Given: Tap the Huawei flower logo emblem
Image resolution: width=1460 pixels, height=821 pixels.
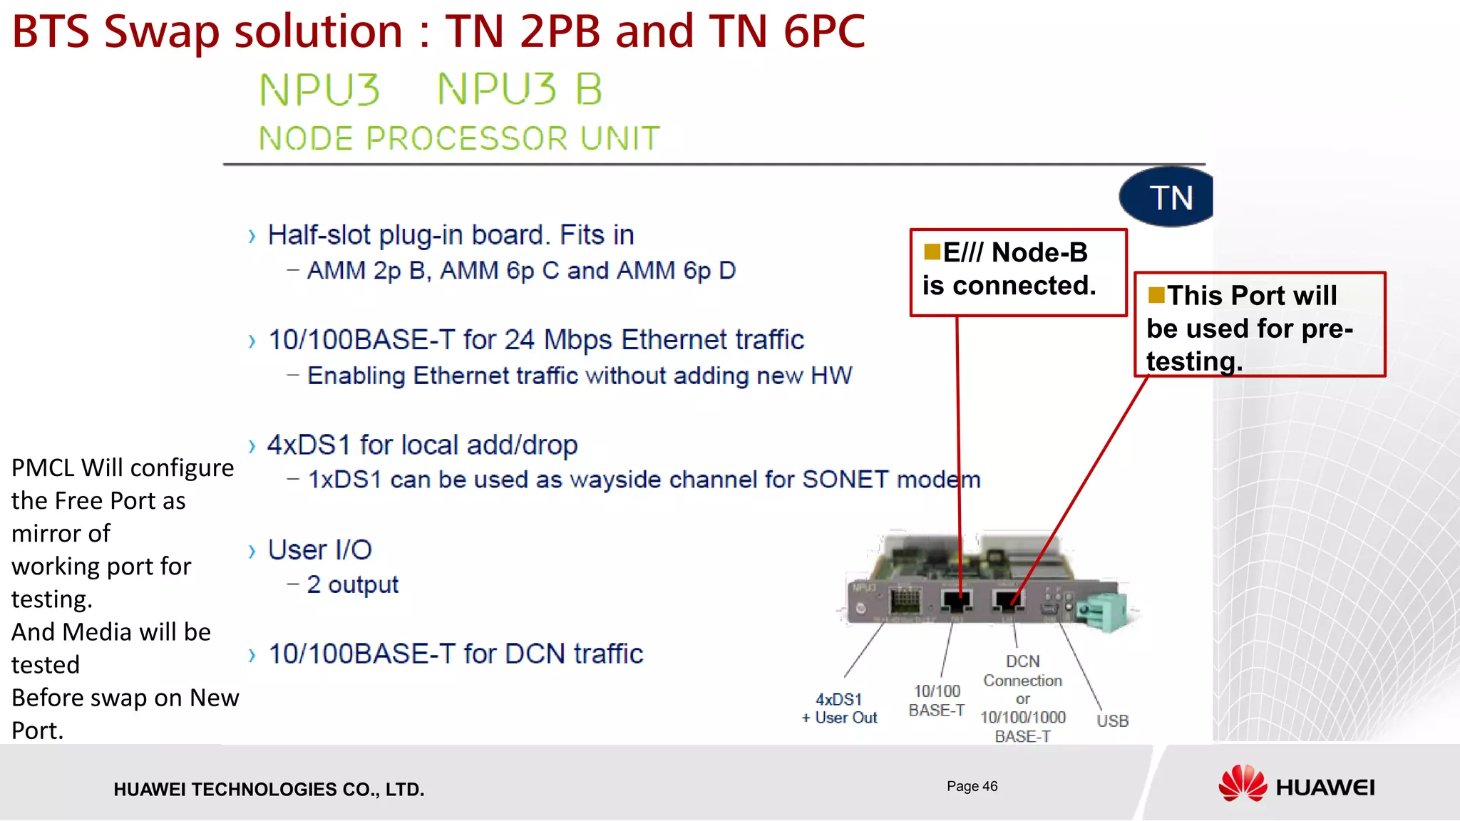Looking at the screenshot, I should click(1242, 784).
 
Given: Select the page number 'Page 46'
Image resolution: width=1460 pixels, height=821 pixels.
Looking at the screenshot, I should click(972, 786).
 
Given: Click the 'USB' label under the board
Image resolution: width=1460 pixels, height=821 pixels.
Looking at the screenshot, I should click(1112, 721).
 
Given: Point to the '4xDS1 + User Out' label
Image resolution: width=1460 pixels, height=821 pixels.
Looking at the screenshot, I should click(839, 708).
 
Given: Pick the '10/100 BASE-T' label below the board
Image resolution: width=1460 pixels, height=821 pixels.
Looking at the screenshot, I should click(937, 701).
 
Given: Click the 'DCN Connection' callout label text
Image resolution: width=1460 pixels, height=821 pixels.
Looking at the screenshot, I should click(1022, 671).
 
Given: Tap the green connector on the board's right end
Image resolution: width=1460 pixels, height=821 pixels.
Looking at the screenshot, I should click(1104, 611).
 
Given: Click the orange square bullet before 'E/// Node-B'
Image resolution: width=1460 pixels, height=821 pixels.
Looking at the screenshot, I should click(932, 252).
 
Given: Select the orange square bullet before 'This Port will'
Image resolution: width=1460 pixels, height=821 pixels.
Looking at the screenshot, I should click(1156, 294).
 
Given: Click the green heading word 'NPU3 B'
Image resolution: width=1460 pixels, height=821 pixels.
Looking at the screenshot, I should click(520, 90).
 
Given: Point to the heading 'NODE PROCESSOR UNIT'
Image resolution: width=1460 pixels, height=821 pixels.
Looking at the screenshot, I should click(459, 138).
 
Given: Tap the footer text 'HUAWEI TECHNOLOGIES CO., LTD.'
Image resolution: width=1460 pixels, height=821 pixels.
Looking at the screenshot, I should click(269, 789).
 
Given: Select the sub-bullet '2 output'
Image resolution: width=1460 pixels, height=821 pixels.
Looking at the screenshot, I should click(352, 584).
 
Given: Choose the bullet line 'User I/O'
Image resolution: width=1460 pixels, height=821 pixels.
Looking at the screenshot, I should click(319, 549).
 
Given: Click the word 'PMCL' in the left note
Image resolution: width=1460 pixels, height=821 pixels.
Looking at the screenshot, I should click(43, 468).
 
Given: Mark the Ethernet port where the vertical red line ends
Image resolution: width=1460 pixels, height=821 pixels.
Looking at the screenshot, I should click(957, 601).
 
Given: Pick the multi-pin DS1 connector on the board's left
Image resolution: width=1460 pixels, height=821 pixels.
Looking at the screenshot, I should click(905, 600).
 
